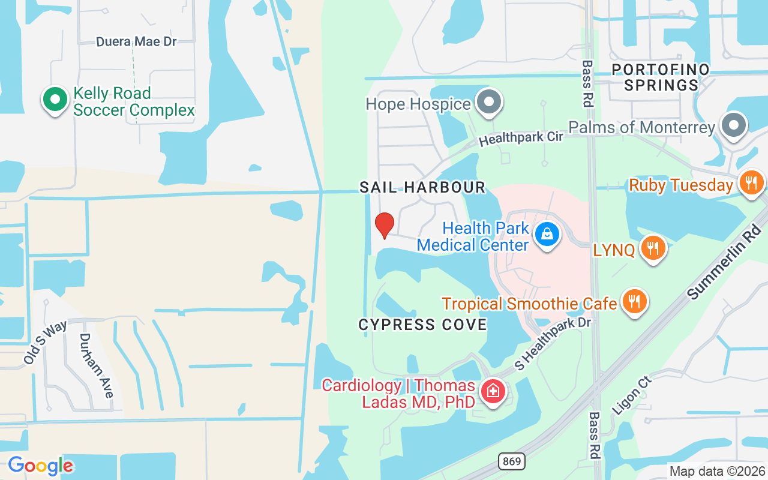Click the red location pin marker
(384, 226)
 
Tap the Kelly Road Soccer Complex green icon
(55, 100)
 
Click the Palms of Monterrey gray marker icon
(734, 125)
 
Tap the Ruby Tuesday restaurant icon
(751, 182)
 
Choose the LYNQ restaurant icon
(653, 247)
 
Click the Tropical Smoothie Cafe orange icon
(633, 301)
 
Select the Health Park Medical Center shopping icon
(547, 234)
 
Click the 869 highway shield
(511, 461)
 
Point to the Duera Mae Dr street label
(136, 42)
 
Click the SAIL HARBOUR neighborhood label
(422, 187)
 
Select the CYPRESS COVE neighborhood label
(422, 325)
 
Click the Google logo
(40, 466)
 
